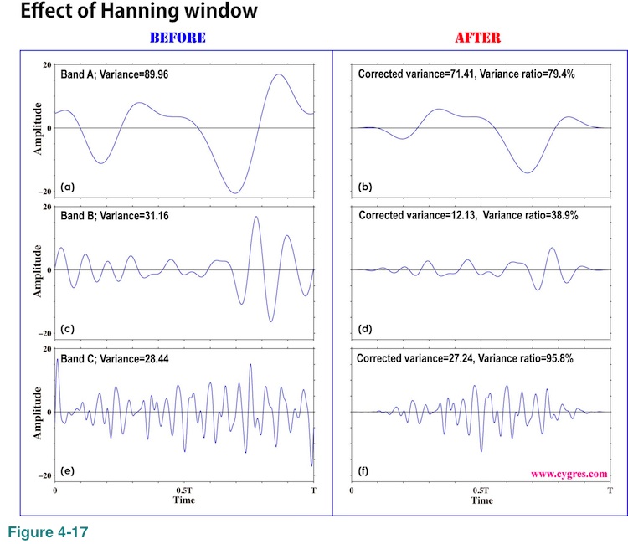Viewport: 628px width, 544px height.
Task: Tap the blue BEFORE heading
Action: (x=177, y=38)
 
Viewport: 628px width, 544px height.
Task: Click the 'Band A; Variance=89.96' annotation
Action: (x=114, y=74)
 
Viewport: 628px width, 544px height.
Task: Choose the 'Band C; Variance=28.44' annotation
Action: (x=115, y=357)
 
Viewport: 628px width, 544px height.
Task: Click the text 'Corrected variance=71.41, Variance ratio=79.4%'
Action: (x=471, y=74)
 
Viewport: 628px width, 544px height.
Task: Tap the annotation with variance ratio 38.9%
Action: (x=471, y=216)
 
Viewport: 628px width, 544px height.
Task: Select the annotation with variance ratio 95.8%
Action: (x=471, y=357)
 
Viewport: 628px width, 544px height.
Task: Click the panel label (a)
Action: (x=69, y=185)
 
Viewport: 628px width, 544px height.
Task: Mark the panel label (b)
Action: (x=366, y=185)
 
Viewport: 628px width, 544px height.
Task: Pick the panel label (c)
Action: (x=69, y=327)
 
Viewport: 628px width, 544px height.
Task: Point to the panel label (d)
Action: (x=366, y=327)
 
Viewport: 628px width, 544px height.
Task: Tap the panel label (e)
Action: (x=69, y=470)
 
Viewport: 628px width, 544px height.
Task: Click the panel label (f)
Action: (x=365, y=470)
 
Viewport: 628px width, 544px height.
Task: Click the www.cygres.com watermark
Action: (x=569, y=473)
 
